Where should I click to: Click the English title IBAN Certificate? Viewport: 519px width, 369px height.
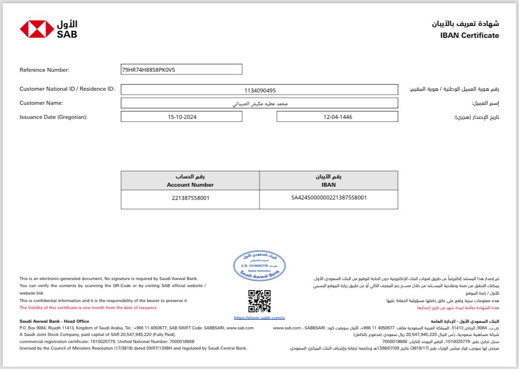[x=469, y=36]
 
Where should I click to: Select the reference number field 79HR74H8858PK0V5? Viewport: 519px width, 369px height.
[x=181, y=70]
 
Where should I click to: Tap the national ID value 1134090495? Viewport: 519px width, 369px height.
[x=260, y=90]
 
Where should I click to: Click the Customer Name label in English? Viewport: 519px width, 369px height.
[x=41, y=103]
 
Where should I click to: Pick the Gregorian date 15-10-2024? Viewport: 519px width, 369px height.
[x=181, y=117]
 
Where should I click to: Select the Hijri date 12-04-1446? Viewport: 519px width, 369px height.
[x=337, y=117]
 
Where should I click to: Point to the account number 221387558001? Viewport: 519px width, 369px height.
[x=191, y=198]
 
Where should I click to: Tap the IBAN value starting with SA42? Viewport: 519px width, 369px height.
[x=329, y=198]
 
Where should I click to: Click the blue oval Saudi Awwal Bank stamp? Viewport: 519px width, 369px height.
[x=259, y=265]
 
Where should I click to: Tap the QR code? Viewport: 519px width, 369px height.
[x=259, y=301]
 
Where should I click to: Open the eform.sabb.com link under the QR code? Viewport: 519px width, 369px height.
[x=259, y=317]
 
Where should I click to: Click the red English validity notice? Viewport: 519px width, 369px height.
[x=88, y=308]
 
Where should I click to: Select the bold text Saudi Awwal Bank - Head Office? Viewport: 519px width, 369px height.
[x=54, y=321]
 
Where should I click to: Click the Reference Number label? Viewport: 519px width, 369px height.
[x=44, y=70]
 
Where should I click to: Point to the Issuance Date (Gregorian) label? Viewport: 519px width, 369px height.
[x=54, y=117]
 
